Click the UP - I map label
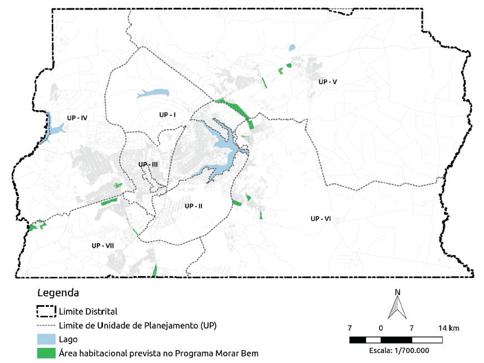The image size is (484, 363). tap(167, 115)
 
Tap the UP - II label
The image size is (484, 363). tap(193, 206)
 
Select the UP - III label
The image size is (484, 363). tap(149, 165)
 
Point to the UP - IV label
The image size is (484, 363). tap(77, 118)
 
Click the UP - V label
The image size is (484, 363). tap(328, 82)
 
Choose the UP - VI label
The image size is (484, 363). tap(321, 219)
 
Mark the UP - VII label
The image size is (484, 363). tap(103, 246)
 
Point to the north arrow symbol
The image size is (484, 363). tap(396, 307)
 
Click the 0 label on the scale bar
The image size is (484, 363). tap(381, 327)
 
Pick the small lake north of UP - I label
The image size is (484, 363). tap(152, 93)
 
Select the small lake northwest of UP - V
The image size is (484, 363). tap(292, 48)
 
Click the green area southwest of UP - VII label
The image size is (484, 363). tap(37, 227)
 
